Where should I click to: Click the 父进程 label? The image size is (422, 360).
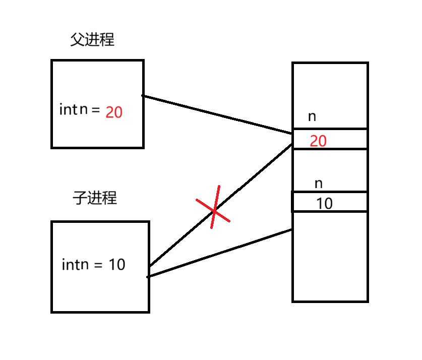point(92,40)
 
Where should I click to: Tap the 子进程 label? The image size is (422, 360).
point(95,198)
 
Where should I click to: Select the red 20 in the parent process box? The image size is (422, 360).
point(114,112)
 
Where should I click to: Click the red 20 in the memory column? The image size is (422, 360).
point(318,141)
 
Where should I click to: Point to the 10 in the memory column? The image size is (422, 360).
point(324,204)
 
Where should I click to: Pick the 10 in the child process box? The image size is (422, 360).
point(117,264)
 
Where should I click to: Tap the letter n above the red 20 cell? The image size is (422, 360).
point(312,116)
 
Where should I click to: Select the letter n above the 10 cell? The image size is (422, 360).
point(318,184)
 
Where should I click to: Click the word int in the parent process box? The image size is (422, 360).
point(68,109)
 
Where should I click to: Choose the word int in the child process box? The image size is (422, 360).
point(70,264)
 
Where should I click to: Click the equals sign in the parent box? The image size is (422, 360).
point(96,109)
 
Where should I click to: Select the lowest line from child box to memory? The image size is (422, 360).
point(220,253)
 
